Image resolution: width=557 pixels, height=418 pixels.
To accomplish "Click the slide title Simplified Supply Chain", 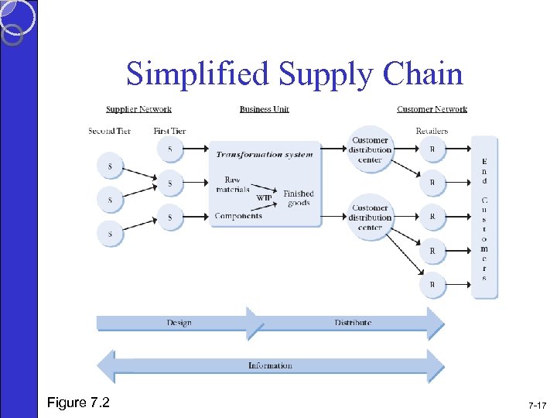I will tap(295, 74).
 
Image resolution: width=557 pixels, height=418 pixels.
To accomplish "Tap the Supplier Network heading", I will tap(138, 109).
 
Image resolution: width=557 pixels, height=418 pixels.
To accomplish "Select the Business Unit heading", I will tap(265, 109).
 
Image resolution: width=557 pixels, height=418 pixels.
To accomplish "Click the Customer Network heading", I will tap(432, 109).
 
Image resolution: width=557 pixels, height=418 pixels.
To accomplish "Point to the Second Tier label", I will tap(110, 131).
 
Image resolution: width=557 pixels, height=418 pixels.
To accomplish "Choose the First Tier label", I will tap(169, 131).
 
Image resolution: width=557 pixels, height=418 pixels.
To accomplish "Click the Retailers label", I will tap(432, 131).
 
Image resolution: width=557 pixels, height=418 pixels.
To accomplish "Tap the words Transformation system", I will tap(265, 154).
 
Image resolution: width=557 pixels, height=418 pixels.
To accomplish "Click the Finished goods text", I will tap(298, 198).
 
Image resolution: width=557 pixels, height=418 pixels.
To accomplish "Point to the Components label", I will tap(238, 216).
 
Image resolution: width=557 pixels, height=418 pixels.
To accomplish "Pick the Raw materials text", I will tap(233, 184).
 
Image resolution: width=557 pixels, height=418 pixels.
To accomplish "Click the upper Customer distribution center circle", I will tap(371, 149).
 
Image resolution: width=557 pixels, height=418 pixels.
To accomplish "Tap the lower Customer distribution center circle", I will tap(371, 217).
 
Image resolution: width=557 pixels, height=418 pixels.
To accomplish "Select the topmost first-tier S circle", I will tap(170, 148).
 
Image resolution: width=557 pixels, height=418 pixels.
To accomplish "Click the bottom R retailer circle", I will tap(432, 285).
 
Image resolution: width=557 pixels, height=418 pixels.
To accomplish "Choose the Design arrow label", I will tap(179, 322).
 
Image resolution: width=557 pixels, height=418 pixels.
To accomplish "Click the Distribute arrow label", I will tap(353, 322).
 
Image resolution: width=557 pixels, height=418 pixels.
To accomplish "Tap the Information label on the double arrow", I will tap(270, 365).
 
